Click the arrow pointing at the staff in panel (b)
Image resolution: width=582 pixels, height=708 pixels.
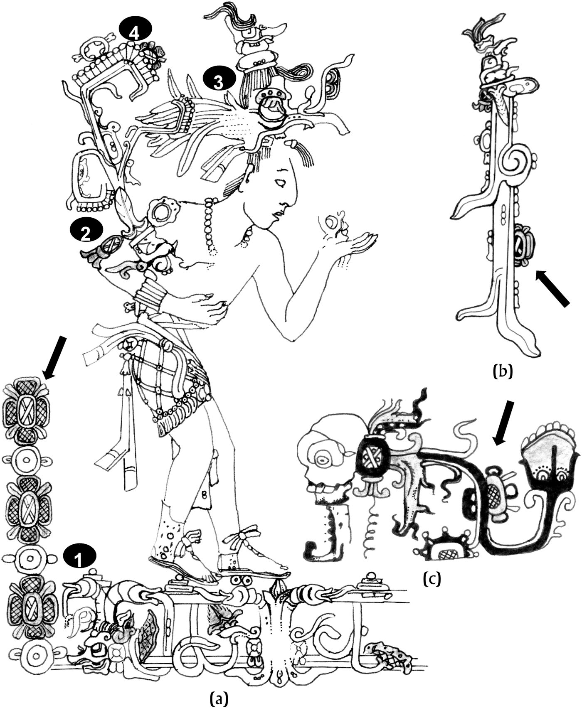[x=552, y=288]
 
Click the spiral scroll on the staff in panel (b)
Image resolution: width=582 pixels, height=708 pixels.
[x=515, y=160]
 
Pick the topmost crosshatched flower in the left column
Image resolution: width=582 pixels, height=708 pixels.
[x=27, y=406]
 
